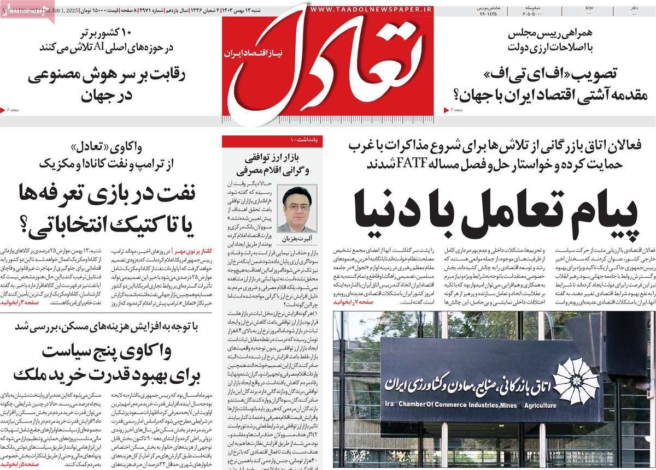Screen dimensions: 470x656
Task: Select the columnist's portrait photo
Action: (297, 209)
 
